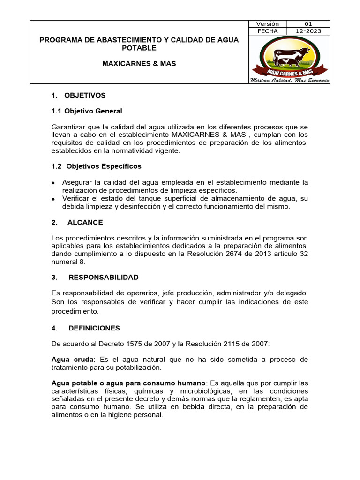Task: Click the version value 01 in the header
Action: [308, 24]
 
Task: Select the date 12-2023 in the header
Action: [308, 31]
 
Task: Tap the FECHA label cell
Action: [268, 31]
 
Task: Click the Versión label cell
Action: [268, 24]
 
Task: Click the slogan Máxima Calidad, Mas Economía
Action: [290, 80]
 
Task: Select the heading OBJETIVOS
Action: [85, 96]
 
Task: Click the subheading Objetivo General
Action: [93, 111]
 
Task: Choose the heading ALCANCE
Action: [85, 222]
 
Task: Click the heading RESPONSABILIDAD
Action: [104, 277]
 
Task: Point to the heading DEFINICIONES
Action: [94, 328]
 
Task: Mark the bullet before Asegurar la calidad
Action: [54, 182]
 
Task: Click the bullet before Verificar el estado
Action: [54, 199]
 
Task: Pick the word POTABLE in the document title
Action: [139, 48]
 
